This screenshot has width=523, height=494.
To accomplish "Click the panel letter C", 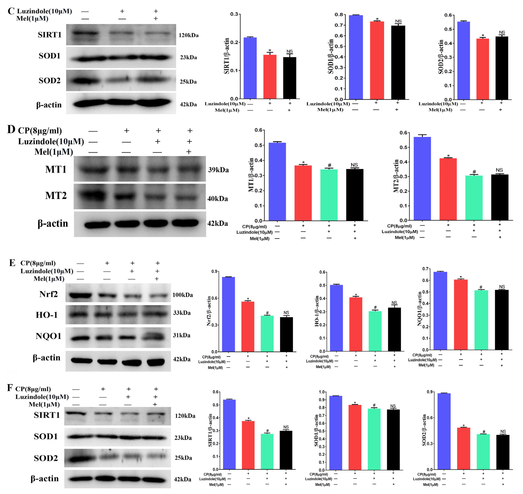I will [x=11, y=11].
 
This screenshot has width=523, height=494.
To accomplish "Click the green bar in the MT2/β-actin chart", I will [x=474, y=197].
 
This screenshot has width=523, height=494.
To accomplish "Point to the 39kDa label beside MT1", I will [x=218, y=170].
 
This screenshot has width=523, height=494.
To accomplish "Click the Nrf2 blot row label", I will [x=49, y=294].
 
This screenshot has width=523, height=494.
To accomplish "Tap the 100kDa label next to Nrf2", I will [x=182, y=295].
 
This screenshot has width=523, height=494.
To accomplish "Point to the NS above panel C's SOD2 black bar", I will [x=502, y=32].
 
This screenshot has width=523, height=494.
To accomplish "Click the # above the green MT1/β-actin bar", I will [x=329, y=165].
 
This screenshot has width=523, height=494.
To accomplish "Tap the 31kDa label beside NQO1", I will [x=181, y=335].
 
